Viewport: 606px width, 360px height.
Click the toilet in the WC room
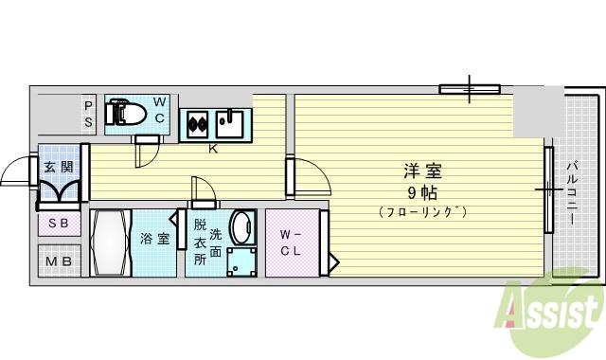[125, 113]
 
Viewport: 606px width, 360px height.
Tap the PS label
[88, 115]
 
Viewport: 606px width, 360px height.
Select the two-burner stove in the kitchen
[198, 124]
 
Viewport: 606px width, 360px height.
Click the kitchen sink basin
[229, 124]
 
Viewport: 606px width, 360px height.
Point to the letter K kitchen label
[213, 149]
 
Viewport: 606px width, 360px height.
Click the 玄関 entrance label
[59, 167]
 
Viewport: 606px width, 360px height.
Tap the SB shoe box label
[59, 224]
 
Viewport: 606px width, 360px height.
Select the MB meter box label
[59, 261]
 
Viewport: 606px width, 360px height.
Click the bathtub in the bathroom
[111, 243]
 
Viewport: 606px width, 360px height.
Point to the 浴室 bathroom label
[154, 239]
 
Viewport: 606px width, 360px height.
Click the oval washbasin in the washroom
[242, 228]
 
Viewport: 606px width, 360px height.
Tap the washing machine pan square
[241, 262]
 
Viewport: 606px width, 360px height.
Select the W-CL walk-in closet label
[291, 243]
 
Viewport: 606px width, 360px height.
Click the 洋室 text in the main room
[422, 171]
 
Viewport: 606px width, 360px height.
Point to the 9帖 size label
[423, 192]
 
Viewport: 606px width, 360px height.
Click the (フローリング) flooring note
[423, 212]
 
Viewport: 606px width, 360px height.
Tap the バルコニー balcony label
[572, 193]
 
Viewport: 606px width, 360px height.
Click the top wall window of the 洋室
[470, 89]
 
